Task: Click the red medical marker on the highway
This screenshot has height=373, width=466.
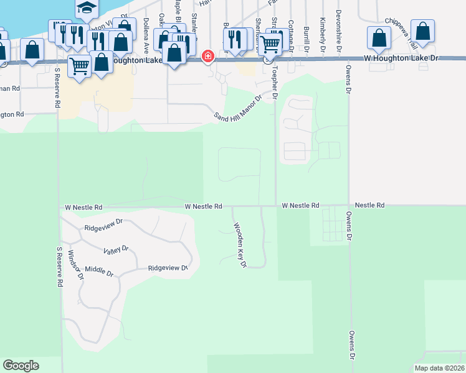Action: [208, 57]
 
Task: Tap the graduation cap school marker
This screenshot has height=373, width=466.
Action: [87, 8]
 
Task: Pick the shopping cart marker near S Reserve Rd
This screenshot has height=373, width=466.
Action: [79, 65]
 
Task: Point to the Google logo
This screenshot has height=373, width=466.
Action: [21, 366]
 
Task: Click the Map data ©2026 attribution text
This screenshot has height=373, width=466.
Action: [439, 368]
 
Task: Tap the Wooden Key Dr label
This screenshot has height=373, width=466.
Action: [240, 246]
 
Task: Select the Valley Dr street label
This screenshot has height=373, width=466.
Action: [116, 249]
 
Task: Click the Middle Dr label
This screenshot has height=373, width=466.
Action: [100, 272]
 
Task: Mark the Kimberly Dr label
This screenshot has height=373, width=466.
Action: [323, 30]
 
